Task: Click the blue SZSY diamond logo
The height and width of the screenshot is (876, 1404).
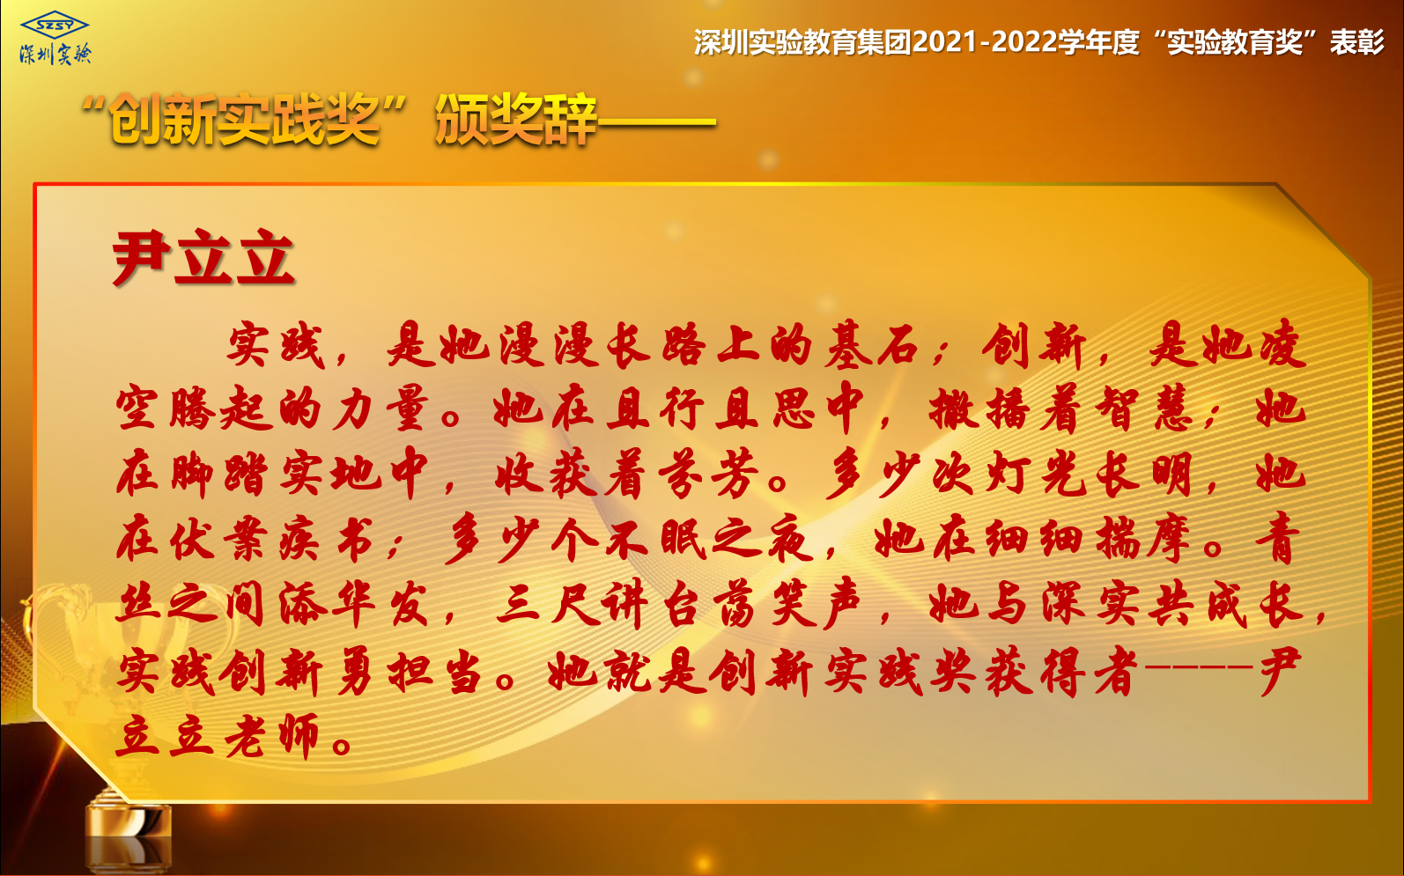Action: coord(55,25)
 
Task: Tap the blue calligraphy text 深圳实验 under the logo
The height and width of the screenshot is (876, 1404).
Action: coord(55,55)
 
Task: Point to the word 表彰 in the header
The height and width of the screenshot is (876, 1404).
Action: coord(1357,42)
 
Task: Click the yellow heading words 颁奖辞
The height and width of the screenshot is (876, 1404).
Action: coord(515,119)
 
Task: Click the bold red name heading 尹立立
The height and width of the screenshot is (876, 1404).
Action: coord(203,258)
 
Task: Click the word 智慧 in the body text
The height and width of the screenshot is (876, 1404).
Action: coord(1143,409)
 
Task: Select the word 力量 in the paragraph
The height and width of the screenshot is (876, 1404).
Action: coord(381,409)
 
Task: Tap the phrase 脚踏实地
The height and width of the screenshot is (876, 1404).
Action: coord(249,474)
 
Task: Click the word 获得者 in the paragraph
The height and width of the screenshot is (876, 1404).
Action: coord(1060,672)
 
